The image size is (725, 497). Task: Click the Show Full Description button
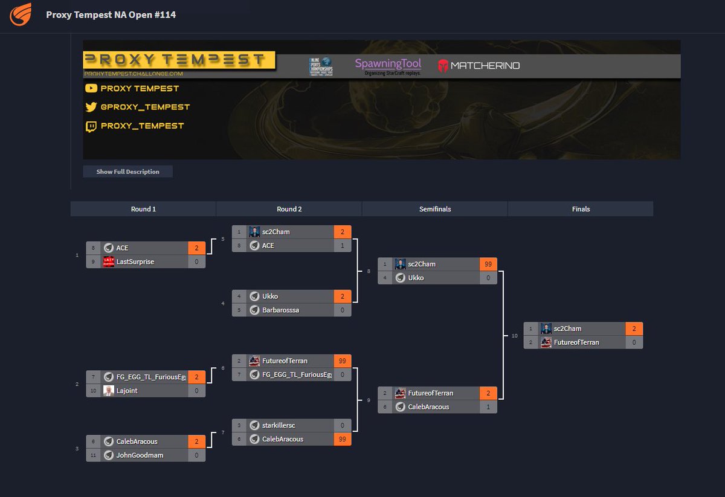point(127,172)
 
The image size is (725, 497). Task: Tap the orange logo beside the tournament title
point(21,14)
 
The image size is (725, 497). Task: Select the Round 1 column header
point(143,209)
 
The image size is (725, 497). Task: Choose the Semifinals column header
point(435,209)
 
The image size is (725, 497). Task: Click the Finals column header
point(581,209)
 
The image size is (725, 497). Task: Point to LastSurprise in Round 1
point(135,261)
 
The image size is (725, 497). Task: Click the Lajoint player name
point(127,391)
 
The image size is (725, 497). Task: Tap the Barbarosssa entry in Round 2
point(280,310)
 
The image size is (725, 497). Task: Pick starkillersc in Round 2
point(279,425)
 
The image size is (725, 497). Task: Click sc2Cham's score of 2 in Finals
point(634,329)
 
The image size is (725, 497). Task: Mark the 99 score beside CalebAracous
point(343,439)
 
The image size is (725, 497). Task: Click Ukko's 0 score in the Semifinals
point(488,278)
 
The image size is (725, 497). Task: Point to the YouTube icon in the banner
point(91,88)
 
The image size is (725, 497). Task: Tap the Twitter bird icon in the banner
point(91,107)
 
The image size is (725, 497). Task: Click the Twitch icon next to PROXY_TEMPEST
point(91,126)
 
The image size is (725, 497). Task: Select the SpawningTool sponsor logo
point(388,66)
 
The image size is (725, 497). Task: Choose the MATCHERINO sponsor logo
point(478,66)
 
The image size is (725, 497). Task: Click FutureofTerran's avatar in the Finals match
point(546,342)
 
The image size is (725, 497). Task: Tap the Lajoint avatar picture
point(109,391)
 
